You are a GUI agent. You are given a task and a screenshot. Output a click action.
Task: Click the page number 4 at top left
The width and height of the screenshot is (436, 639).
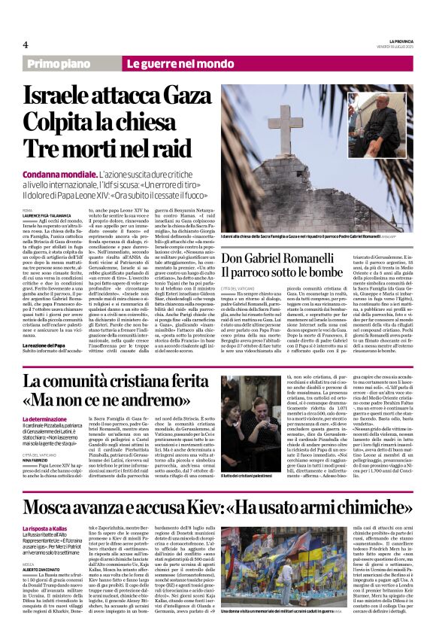click(x=26, y=44)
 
